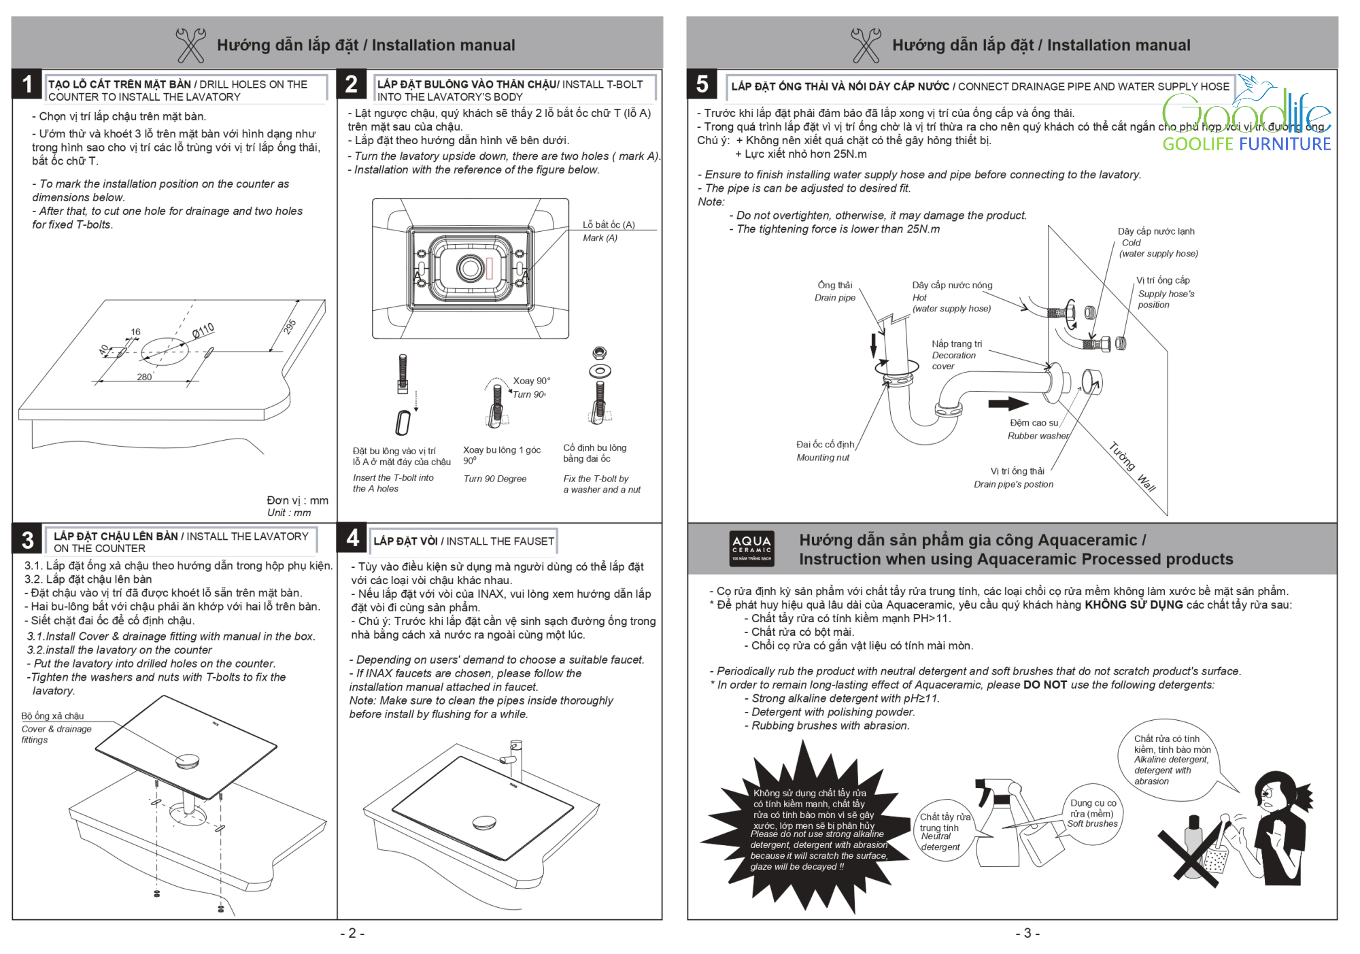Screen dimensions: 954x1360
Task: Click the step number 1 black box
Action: pos(27,84)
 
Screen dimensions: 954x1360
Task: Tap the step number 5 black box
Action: pos(702,84)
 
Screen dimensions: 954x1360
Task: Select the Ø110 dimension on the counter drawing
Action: pos(203,331)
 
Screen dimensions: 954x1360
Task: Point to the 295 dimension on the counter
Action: pos(290,326)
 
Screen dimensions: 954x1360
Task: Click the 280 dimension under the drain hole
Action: pos(144,377)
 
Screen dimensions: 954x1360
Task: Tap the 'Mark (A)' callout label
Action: pos(600,238)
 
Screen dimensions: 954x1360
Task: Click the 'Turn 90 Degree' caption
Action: pos(495,479)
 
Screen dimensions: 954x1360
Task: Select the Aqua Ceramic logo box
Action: pos(751,548)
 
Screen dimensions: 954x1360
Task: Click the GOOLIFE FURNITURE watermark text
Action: pos(1246,144)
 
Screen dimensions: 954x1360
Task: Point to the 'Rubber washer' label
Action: pos(1038,436)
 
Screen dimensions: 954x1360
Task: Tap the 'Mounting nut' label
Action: pos(823,458)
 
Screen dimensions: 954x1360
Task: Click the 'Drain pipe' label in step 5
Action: pos(835,298)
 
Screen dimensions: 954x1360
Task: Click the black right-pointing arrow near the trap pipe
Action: pos(1008,403)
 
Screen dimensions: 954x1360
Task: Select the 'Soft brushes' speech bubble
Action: pos(1092,815)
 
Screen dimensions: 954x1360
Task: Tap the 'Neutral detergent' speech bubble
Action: pos(942,831)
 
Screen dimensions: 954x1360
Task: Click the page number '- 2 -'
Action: pos(352,933)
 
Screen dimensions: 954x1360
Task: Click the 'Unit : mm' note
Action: pos(289,513)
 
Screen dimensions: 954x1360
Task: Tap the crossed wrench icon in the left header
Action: pos(190,45)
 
